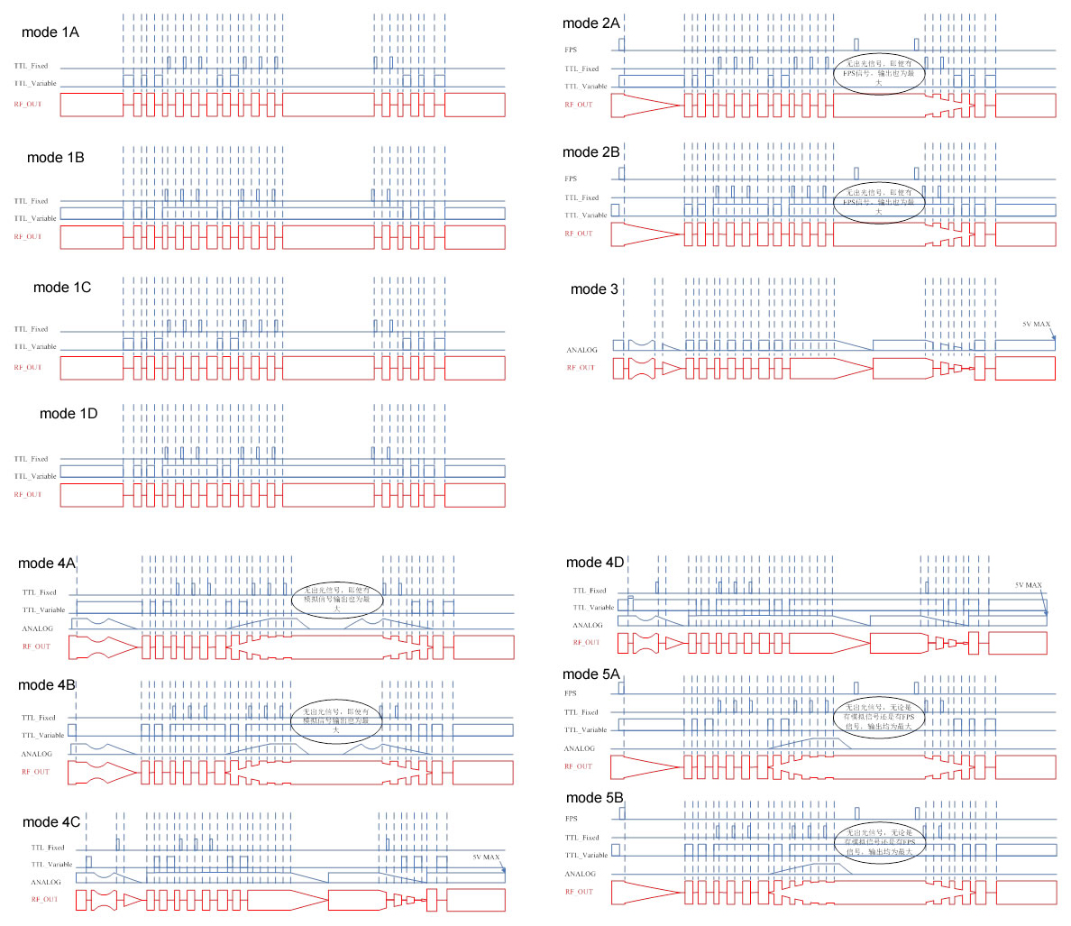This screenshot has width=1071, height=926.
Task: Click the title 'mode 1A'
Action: point(50,32)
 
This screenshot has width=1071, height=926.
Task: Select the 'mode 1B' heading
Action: point(56,158)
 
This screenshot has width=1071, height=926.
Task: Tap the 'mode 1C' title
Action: point(62,288)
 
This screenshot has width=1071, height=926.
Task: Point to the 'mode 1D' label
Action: point(69,414)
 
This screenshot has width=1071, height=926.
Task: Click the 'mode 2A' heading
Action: point(590,23)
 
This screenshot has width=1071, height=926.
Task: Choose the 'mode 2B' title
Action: point(590,152)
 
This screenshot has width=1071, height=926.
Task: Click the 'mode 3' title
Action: point(594,289)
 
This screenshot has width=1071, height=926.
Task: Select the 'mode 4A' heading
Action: point(46,564)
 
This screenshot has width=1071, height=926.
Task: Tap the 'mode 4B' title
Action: point(46,685)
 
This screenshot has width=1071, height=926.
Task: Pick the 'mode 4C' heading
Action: point(50,822)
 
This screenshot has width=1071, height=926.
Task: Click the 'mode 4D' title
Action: point(594,563)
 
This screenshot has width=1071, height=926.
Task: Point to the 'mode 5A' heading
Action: point(590,674)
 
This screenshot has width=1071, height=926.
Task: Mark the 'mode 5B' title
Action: point(594,798)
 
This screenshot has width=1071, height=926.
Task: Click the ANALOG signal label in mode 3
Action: point(581,350)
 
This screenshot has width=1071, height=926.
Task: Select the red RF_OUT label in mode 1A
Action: point(27,105)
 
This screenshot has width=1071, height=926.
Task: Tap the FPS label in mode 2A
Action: point(571,50)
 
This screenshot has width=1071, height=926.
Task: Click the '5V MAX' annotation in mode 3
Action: point(1036,325)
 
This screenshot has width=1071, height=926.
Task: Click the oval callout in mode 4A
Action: point(337,600)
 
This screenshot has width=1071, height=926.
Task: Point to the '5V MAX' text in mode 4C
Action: point(486,857)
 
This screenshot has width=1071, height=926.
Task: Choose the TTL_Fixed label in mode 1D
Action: point(32,459)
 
